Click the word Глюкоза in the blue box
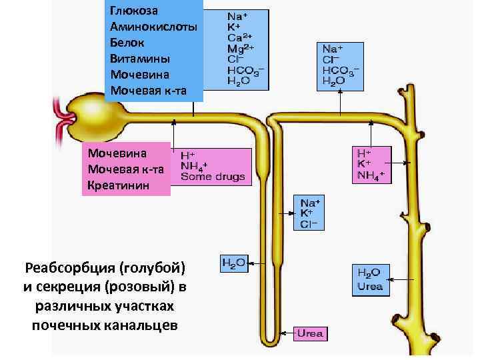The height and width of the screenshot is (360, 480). [x=134, y=11]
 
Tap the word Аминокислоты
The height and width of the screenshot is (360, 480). [x=153, y=27]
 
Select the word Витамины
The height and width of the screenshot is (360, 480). [x=139, y=58]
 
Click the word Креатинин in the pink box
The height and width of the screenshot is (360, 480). [x=115, y=184]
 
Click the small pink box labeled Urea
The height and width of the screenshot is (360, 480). [x=311, y=333]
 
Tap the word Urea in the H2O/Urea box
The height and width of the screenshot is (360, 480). [x=371, y=287]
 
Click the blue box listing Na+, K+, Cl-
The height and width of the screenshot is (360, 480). [x=310, y=213]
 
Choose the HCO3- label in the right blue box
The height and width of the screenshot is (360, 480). [x=341, y=70]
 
